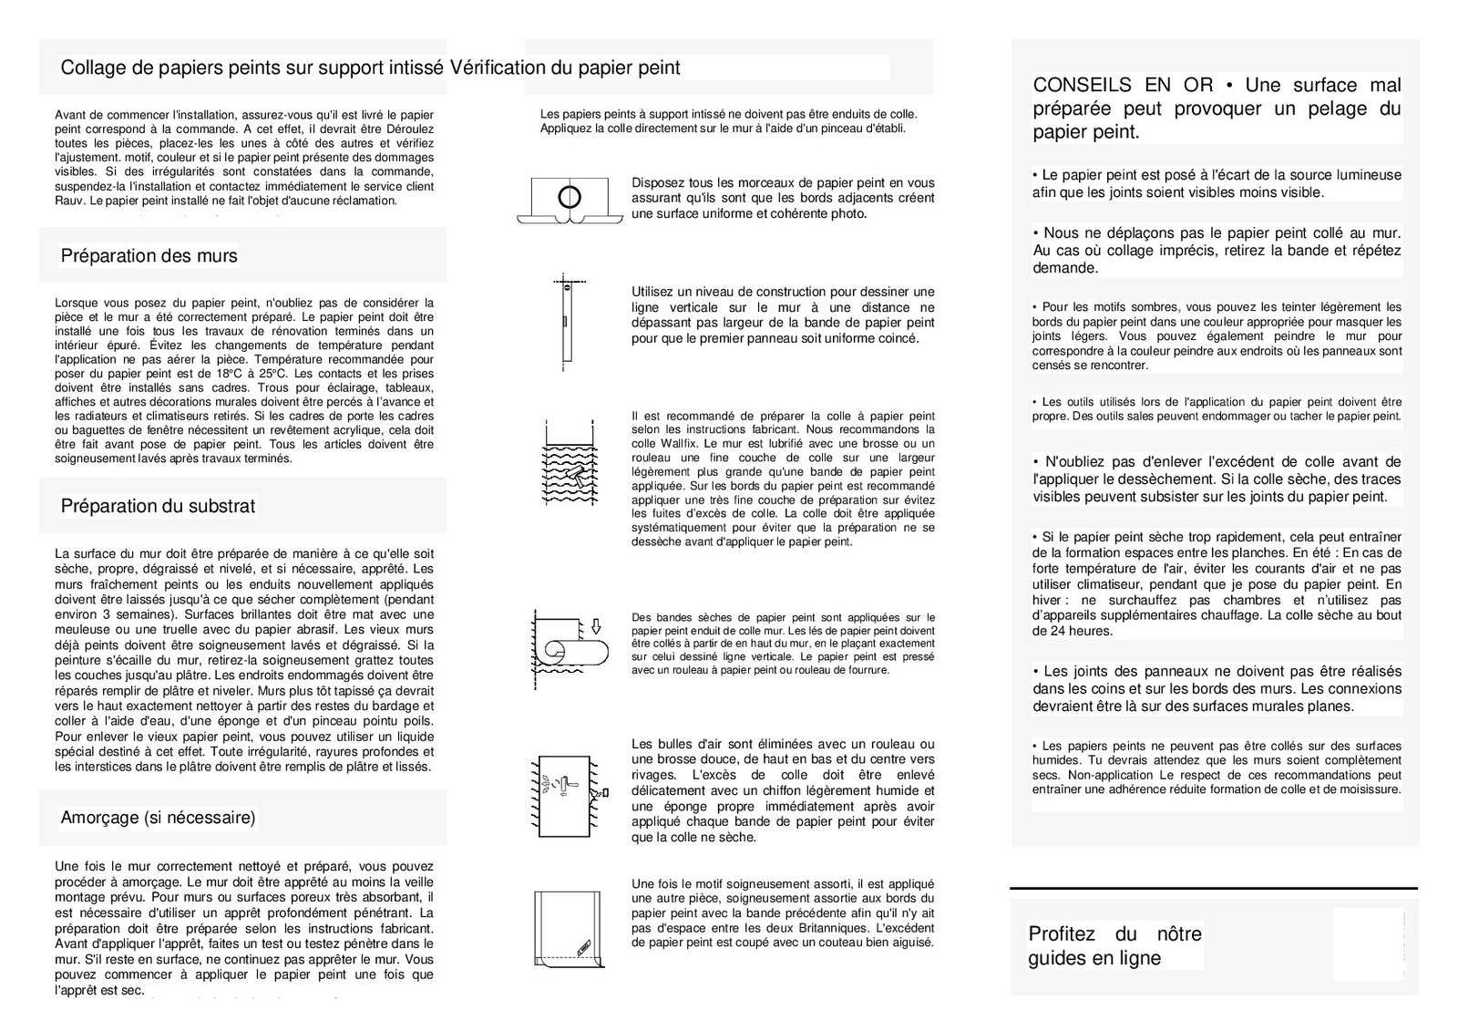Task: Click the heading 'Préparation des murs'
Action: click(149, 256)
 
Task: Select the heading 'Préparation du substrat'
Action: click(158, 506)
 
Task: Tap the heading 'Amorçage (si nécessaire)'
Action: click(158, 818)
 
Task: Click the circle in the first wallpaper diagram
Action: click(570, 195)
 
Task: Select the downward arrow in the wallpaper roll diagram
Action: click(597, 626)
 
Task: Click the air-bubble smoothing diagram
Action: click(568, 792)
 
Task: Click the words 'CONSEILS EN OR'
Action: click(1123, 86)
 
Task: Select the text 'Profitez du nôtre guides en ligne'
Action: click(1114, 946)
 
